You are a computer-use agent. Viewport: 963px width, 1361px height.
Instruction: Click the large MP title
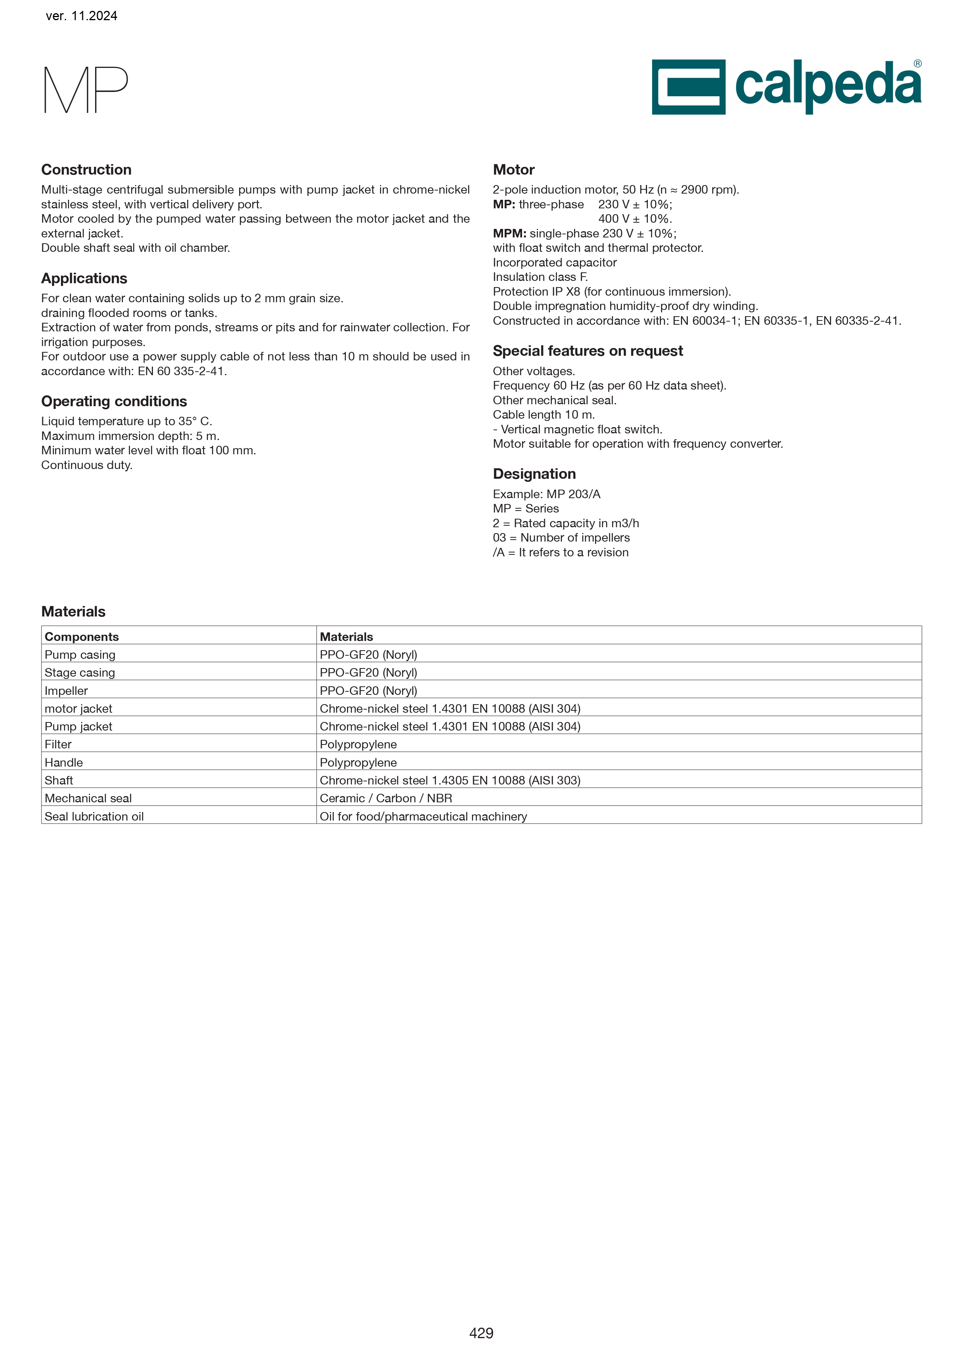click(86, 90)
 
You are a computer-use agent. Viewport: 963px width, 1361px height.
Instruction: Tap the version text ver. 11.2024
click(81, 16)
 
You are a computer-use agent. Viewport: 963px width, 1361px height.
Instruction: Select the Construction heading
click(86, 170)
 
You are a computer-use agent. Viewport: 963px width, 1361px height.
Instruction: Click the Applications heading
click(84, 278)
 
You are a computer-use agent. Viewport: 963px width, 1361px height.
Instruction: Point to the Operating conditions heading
click(114, 401)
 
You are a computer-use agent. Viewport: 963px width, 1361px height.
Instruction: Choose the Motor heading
click(514, 170)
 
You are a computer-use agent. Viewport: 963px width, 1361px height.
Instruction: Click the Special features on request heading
click(588, 351)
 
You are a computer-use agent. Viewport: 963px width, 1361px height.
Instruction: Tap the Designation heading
click(534, 474)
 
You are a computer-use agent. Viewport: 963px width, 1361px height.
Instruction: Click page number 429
click(481, 1333)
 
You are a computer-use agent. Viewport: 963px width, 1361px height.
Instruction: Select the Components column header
click(82, 637)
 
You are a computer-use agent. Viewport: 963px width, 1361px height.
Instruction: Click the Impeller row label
click(66, 691)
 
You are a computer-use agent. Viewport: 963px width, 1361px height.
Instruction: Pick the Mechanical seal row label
click(88, 798)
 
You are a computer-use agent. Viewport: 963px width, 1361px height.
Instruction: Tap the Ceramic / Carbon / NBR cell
click(385, 798)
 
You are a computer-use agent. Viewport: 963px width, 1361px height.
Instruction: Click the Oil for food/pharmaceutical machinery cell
click(423, 816)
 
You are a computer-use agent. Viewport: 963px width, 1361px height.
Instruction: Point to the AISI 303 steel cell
click(449, 780)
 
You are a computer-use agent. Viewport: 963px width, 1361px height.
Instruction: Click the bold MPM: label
click(509, 234)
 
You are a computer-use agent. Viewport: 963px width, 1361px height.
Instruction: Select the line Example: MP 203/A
click(546, 494)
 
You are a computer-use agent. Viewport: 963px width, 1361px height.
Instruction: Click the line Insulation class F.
click(540, 277)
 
